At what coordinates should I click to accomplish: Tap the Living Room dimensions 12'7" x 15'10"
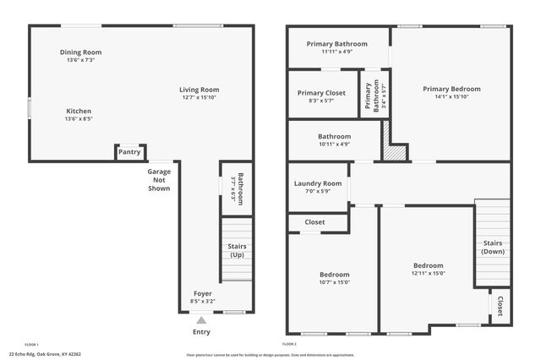click(199, 98)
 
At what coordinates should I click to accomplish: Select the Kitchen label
click(79, 111)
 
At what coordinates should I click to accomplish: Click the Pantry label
click(129, 152)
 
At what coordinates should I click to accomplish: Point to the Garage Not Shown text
click(159, 180)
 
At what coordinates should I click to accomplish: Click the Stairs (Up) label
click(238, 251)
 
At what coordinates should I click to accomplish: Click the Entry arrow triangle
click(201, 319)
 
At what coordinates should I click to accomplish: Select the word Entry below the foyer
click(201, 332)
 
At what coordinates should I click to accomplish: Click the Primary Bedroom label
click(451, 89)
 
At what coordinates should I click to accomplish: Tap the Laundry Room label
click(318, 183)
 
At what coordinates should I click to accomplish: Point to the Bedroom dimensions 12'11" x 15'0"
click(428, 273)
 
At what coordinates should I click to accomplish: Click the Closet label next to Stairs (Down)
click(500, 305)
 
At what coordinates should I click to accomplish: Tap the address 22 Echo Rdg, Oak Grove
click(44, 354)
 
